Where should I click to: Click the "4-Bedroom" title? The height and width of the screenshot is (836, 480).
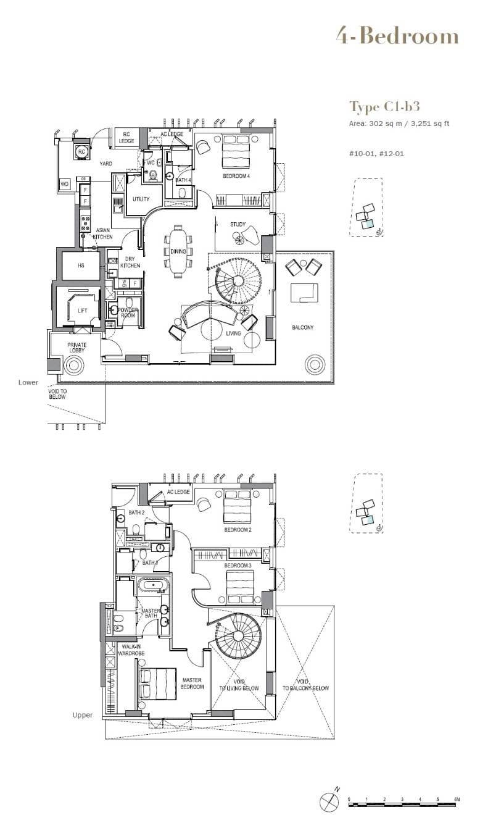[397, 36]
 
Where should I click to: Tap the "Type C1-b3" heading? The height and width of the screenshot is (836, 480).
[384, 107]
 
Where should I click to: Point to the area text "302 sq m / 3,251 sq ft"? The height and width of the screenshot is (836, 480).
[408, 123]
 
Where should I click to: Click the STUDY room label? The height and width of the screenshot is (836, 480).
[238, 224]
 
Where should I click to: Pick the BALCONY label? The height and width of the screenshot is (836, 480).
[302, 327]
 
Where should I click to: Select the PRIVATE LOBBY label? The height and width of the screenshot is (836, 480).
[77, 348]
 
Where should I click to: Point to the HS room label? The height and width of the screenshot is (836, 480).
[81, 265]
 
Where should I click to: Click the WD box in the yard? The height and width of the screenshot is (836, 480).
[64, 184]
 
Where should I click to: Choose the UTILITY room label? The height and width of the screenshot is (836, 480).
[141, 199]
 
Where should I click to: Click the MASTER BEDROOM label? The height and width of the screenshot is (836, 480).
[192, 683]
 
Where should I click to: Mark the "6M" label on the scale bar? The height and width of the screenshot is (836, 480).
[456, 799]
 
